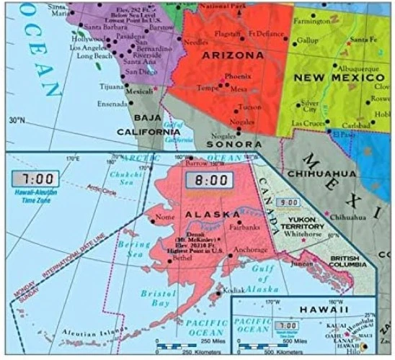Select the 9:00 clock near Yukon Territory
click(288, 203)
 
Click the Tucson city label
click(250, 107)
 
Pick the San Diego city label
click(140, 72)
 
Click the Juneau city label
click(300, 263)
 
